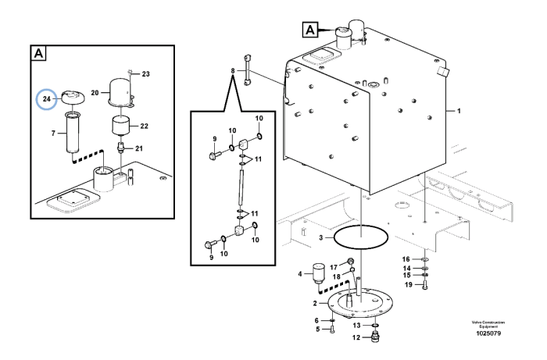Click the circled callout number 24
pos(47,99)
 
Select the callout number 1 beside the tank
pos(459,111)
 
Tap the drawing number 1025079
pos(488,333)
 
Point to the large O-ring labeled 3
pos(361,237)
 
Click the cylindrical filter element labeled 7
pos(73,133)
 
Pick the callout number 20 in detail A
pos(95,93)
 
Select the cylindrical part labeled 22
pos(120,127)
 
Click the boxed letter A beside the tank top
pos(310,30)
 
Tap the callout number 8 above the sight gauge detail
pos(233,71)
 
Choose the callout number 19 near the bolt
pos(409,285)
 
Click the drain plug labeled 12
pos(375,337)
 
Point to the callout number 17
pos(334,267)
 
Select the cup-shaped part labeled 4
pos(318,272)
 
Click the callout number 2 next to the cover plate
pos(315,304)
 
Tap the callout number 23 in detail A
pos(146,74)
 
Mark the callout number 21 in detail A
pos(139,148)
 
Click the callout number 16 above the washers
pos(406,259)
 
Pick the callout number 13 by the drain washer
pos(356,326)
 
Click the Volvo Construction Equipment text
pos(488,324)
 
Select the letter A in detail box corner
pos(38,54)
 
